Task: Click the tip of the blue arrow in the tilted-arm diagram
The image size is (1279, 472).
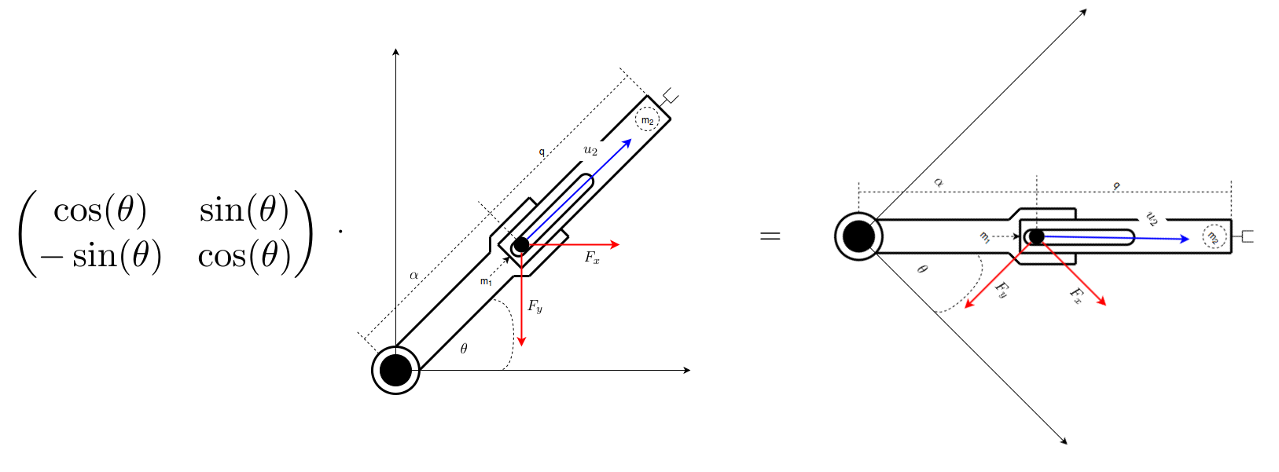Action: pos(631,139)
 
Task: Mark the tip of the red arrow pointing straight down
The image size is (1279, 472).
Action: pos(521,346)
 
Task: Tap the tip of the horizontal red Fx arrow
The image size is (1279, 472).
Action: pos(619,245)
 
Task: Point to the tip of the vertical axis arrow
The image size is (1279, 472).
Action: pos(395,49)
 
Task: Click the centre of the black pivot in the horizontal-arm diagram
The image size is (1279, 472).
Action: pos(858,236)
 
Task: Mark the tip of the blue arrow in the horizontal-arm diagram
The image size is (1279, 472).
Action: pos(1189,239)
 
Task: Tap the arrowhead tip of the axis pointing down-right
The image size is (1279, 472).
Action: pos(1068,444)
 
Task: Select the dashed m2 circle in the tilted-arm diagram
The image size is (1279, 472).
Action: pos(648,120)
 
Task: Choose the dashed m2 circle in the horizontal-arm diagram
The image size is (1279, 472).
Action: pos(1214,237)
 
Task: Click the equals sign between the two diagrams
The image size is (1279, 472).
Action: pos(770,236)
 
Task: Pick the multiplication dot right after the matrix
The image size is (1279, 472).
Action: pos(341,231)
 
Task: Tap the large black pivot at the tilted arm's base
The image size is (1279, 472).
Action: pos(395,370)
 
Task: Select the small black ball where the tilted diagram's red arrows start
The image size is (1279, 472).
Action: pos(521,245)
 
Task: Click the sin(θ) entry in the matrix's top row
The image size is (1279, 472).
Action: pos(244,210)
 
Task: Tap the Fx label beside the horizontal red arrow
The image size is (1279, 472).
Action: pos(592,258)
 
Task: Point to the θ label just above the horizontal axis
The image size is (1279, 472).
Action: pos(464,348)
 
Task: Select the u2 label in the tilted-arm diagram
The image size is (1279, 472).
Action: pos(590,150)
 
